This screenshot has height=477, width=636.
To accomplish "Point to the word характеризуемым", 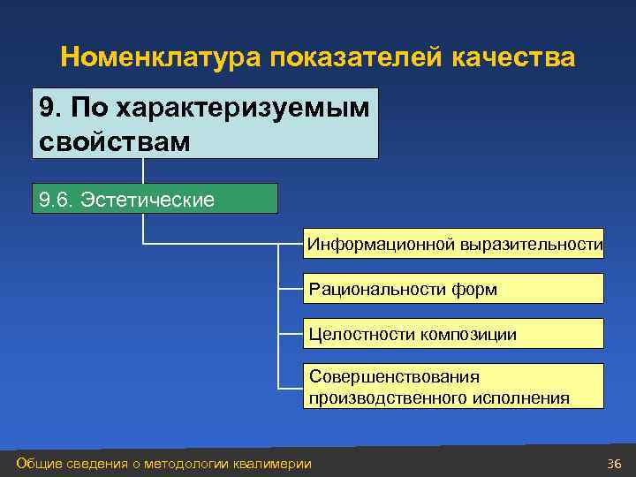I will [221, 109].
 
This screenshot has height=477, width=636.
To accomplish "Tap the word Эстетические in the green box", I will [148, 200].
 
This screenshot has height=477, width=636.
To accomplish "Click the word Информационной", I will [381, 244].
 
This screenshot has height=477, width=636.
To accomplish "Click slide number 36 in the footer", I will [614, 464].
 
